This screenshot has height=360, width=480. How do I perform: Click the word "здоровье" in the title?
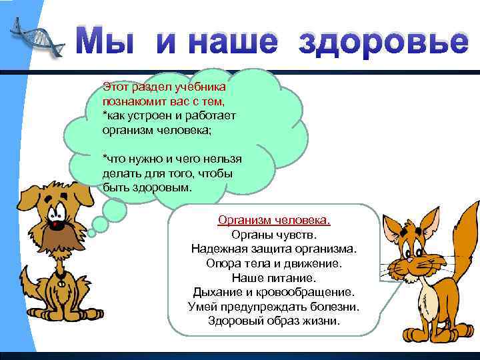[383, 43]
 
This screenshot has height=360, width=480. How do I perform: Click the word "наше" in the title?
[217, 43]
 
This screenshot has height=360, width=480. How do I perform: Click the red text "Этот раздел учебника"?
[164, 87]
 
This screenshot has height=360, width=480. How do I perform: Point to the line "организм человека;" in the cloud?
[156, 130]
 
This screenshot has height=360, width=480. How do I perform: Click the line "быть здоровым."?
[147, 187]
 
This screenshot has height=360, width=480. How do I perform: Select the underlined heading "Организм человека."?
[274, 219]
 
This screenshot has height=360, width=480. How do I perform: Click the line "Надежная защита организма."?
[274, 249]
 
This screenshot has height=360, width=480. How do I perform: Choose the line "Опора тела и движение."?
[274, 263]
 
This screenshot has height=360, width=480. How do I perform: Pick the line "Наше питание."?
[274, 277]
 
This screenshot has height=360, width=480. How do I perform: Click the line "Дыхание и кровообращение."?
[274, 291]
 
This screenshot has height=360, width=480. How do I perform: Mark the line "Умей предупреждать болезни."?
[274, 306]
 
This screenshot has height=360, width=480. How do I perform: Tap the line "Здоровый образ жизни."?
[274, 321]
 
